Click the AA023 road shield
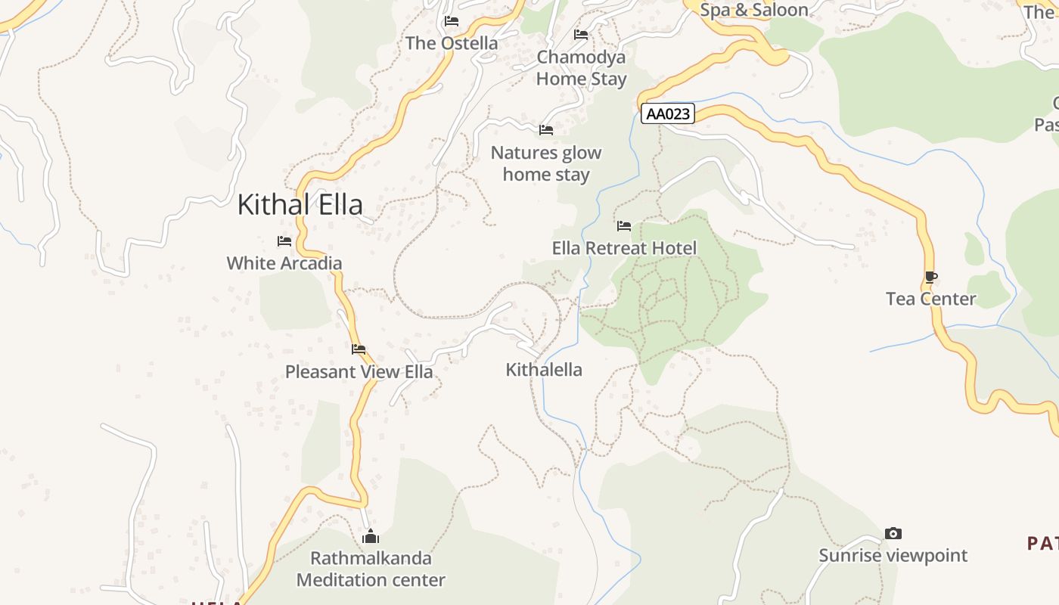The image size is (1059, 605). pos(668,114)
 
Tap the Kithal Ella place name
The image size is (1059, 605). pos(300,204)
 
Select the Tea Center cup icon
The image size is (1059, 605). pos(930,278)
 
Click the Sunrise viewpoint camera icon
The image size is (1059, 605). pos(893,534)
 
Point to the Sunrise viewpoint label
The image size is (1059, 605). pos(893,556)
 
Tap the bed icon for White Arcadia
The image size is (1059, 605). pos(284,241)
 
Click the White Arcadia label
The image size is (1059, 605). pos(284,263)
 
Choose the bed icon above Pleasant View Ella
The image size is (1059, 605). pos(359,349)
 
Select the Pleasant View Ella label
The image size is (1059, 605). pos(359,371)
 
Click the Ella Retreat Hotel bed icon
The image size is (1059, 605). pos(624,226)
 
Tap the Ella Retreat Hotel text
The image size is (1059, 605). pos(624,248)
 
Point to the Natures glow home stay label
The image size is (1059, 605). pos(546,163)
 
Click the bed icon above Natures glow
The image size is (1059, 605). pos(546,130)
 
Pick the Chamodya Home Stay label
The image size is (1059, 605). pos(581,68)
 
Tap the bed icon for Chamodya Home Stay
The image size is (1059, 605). pos(581,35)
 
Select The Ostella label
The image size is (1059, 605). pos(452,43)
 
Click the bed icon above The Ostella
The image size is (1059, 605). pos(452,21)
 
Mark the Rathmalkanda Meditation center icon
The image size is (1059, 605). pos(371,537)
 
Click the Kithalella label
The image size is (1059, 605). pos(544,370)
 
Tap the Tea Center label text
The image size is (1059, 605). pos(930,299)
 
